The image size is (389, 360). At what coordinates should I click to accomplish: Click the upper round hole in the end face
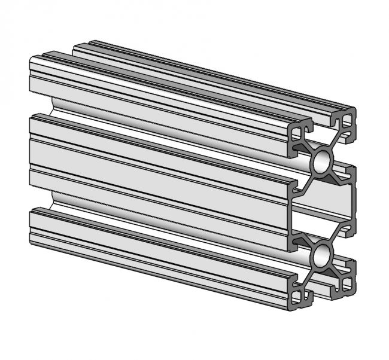322,161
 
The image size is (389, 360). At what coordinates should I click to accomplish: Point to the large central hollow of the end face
323,206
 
